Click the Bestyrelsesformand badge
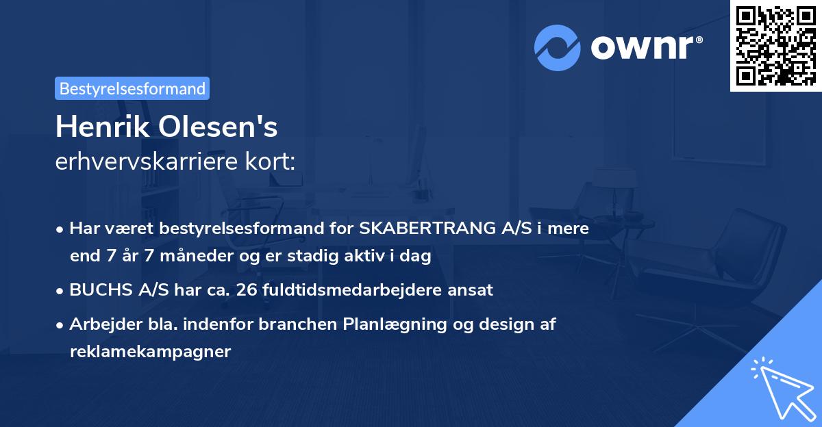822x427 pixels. [x=132, y=88]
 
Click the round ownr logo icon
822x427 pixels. [x=558, y=48]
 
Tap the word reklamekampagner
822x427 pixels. [x=151, y=352]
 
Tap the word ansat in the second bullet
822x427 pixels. [x=472, y=289]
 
